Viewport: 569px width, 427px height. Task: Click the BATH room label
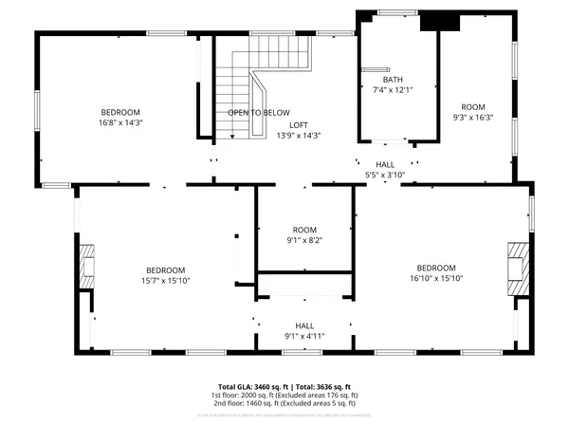pyautogui.click(x=394, y=80)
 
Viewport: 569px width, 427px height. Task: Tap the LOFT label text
pyautogui.click(x=299, y=125)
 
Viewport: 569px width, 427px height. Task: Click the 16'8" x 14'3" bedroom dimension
pyautogui.click(x=120, y=122)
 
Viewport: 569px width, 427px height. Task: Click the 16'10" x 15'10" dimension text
pyautogui.click(x=436, y=278)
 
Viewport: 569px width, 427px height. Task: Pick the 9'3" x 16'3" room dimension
pyautogui.click(x=472, y=118)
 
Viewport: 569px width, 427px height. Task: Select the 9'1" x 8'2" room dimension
pyautogui.click(x=303, y=240)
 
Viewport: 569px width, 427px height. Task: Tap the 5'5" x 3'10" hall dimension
pyautogui.click(x=385, y=175)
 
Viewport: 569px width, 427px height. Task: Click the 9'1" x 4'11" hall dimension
pyautogui.click(x=304, y=335)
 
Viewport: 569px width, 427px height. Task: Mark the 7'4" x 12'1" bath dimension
pyautogui.click(x=394, y=90)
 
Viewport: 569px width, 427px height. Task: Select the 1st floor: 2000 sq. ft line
pyautogui.click(x=285, y=395)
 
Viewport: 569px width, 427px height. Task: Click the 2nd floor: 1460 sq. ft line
pyautogui.click(x=285, y=402)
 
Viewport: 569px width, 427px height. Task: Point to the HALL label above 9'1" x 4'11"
pyautogui.click(x=304, y=325)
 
